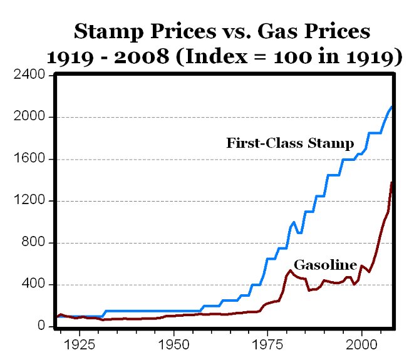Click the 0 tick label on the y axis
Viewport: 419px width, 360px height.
point(42,327)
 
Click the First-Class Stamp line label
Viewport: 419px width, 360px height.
point(290,143)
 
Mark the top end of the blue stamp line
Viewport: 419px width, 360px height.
point(392,107)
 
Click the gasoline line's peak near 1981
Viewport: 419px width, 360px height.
point(290,270)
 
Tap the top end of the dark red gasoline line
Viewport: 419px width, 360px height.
point(392,182)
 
